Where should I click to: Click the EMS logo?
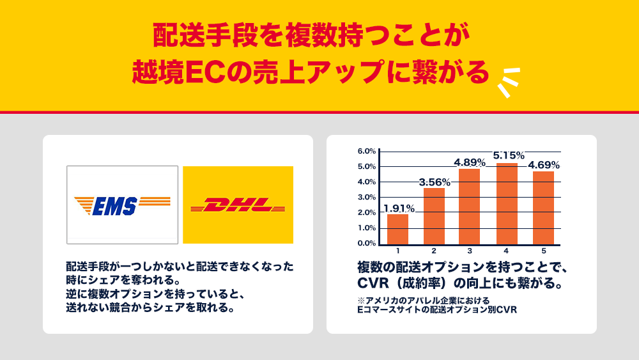click(122, 205)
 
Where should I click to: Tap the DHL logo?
click(238, 205)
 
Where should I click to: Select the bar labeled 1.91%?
click(397, 230)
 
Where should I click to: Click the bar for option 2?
click(434, 217)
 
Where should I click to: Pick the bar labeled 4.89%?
click(470, 207)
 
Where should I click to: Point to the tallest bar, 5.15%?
click(507, 204)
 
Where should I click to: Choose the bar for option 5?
click(543, 208)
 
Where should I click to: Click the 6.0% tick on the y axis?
click(367, 152)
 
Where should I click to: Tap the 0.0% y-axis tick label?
click(367, 244)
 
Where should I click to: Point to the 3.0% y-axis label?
click(367, 198)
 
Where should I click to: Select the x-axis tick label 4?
click(506, 251)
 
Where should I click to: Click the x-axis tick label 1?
click(397, 251)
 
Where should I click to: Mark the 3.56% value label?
click(435, 182)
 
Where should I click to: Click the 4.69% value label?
click(544, 165)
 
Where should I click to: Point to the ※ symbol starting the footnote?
click(361, 301)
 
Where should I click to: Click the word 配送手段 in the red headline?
click(205, 35)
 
